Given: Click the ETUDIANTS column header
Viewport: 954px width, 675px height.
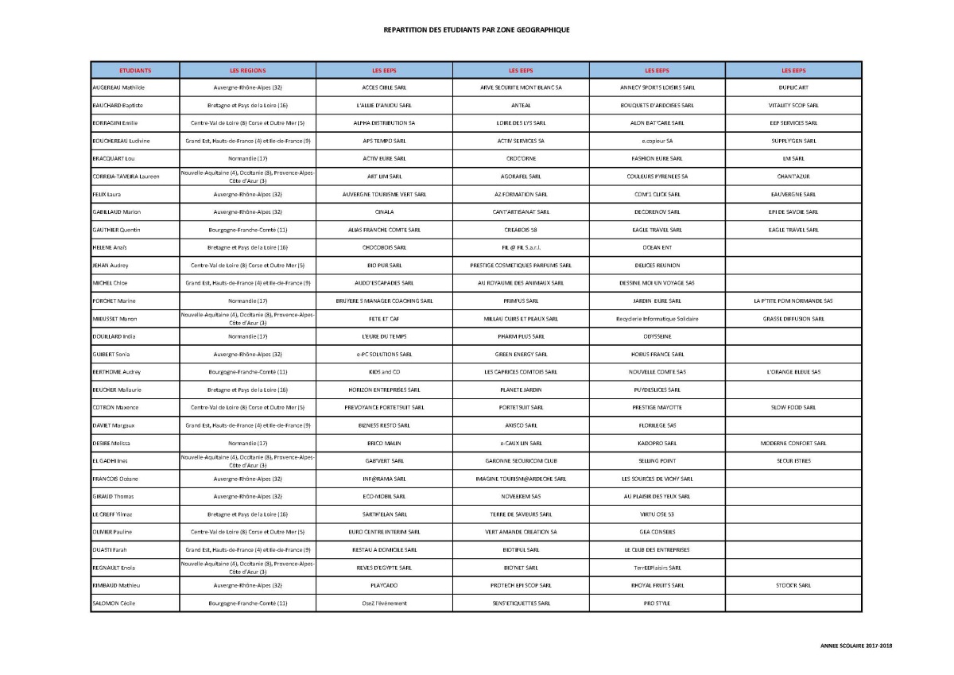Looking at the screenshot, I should click(x=135, y=70).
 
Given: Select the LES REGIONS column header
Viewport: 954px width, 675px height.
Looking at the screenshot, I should click(x=247, y=70).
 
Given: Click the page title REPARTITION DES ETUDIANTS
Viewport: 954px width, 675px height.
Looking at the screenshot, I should click(x=476, y=29).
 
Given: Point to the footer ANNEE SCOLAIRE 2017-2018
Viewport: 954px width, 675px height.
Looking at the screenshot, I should click(x=856, y=646).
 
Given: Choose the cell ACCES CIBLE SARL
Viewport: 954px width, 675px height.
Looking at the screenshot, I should click(x=384, y=87).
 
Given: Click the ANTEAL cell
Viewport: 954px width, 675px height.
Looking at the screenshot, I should click(x=521, y=105).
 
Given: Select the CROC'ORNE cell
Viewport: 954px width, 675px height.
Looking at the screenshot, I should click(x=521, y=158).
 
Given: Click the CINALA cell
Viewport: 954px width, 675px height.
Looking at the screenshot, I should click(x=384, y=211).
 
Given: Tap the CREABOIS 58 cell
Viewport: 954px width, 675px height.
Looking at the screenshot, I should click(x=521, y=230).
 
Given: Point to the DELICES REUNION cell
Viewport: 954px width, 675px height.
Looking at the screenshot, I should click(x=657, y=265).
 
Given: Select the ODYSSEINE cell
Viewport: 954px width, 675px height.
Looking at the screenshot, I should click(x=657, y=336).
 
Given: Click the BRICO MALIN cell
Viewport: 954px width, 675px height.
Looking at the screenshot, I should click(x=384, y=443).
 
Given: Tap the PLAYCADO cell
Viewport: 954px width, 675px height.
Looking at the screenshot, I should click(x=384, y=585).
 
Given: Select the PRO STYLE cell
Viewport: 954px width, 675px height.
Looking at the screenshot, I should click(x=657, y=603).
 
